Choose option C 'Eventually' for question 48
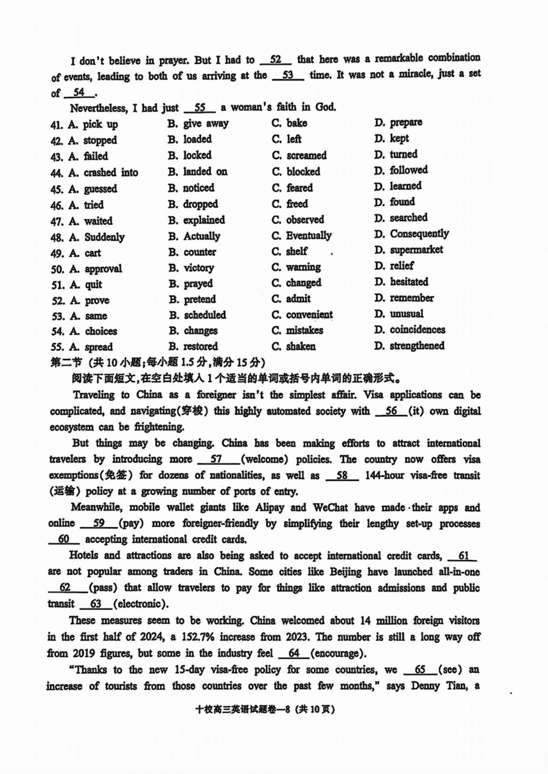point(301,235)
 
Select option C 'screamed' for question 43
point(299,155)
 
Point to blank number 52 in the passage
point(275,59)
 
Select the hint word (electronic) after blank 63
point(139,604)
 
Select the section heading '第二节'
point(63,362)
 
